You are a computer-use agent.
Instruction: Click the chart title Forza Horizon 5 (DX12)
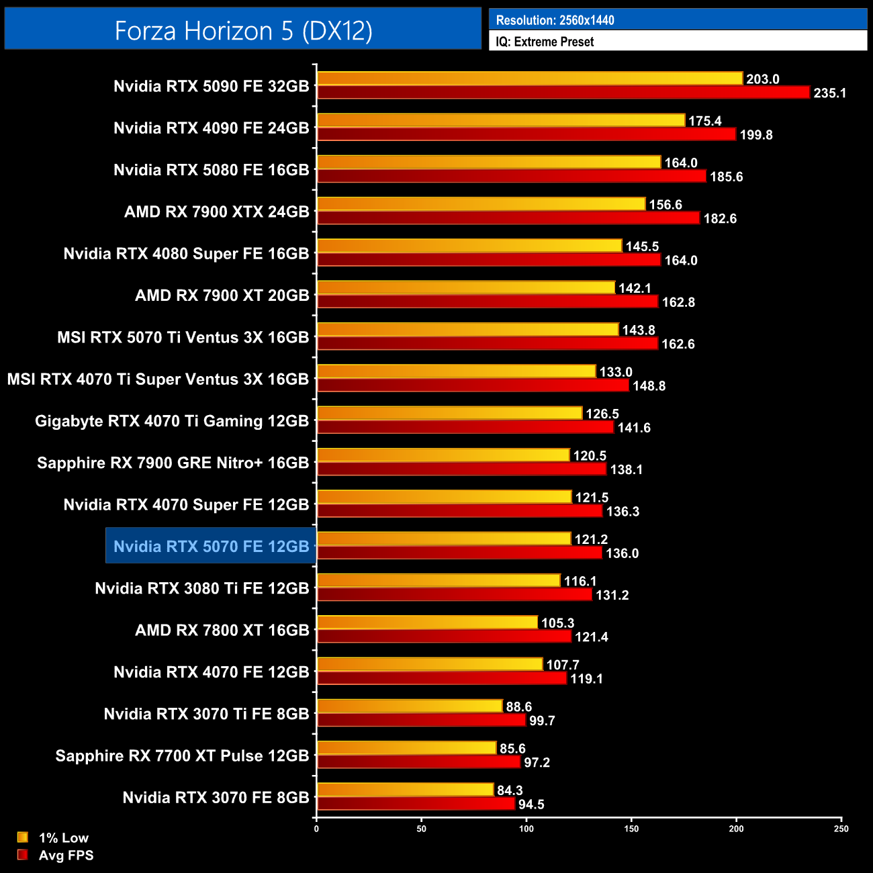(243, 31)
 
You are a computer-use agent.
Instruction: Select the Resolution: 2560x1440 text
(555, 20)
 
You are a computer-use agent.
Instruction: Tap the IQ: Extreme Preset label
(545, 42)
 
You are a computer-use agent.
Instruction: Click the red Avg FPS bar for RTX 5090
(563, 93)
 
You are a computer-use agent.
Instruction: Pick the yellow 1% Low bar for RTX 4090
(501, 120)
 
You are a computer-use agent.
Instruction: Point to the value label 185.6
(726, 177)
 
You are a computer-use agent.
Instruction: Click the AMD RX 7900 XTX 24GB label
(216, 212)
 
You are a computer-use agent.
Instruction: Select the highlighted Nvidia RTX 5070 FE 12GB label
(211, 547)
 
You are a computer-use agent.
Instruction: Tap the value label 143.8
(638, 330)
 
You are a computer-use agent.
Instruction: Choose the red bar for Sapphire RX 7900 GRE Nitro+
(461, 469)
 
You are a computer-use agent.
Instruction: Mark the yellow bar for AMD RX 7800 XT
(427, 623)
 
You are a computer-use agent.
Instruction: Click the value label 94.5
(531, 805)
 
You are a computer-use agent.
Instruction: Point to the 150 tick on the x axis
(631, 829)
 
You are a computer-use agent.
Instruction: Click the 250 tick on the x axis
(841, 829)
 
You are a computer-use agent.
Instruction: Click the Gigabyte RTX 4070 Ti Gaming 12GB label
(172, 421)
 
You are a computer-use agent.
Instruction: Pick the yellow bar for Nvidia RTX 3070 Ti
(410, 706)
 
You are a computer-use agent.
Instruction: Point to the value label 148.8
(649, 386)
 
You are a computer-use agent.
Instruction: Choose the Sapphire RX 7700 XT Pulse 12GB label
(182, 756)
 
